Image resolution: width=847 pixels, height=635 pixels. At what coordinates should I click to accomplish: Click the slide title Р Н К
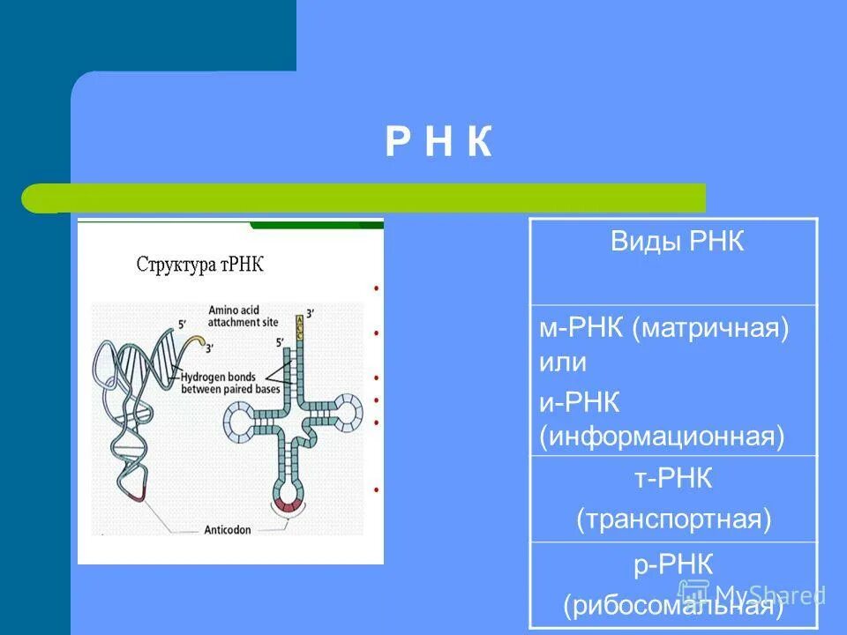click(x=438, y=143)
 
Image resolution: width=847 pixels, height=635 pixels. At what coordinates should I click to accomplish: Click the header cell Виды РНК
click(x=677, y=243)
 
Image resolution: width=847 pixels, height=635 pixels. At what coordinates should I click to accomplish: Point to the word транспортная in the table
click(x=674, y=519)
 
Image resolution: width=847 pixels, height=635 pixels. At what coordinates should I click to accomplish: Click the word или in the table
click(x=564, y=362)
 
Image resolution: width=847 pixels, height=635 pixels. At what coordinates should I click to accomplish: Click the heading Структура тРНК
click(x=200, y=265)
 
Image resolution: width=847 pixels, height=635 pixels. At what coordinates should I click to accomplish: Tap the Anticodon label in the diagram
click(x=230, y=531)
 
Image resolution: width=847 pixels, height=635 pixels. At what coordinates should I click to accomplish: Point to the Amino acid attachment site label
click(x=243, y=317)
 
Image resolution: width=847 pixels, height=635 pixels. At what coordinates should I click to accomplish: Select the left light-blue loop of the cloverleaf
click(x=239, y=420)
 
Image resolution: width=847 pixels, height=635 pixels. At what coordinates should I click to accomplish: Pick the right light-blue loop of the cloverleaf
click(x=347, y=410)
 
